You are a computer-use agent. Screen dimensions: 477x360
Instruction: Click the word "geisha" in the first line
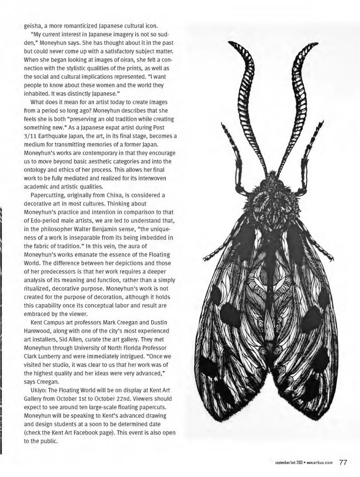click(x=33, y=26)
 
